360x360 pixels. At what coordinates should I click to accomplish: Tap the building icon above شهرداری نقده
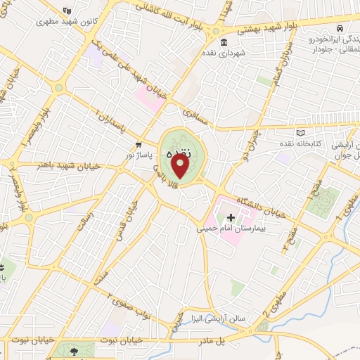224,41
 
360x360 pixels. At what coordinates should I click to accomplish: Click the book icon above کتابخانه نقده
301,133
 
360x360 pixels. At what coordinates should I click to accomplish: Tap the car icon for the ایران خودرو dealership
339,28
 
